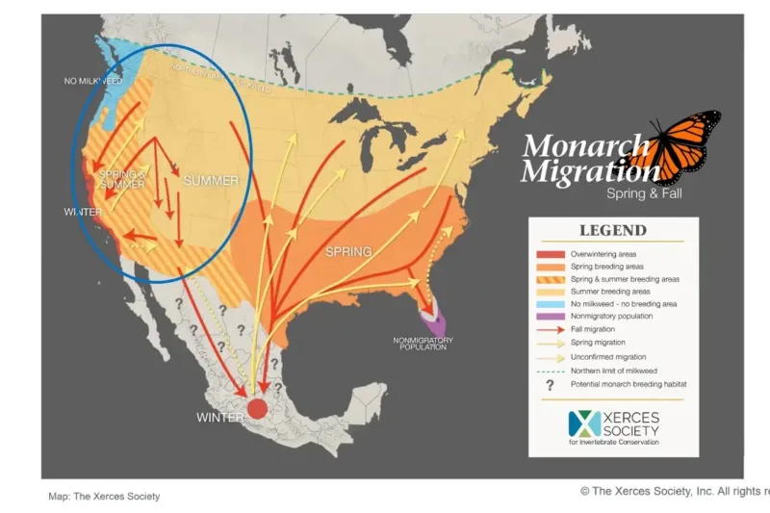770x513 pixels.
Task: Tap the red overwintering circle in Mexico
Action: click(x=256, y=408)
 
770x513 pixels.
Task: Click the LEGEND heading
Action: click(x=612, y=231)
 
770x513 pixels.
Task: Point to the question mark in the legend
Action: click(x=550, y=383)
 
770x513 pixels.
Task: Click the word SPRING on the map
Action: click(x=347, y=252)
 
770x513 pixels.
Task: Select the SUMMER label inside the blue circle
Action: click(x=210, y=181)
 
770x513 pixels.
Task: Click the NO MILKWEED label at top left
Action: click(x=90, y=82)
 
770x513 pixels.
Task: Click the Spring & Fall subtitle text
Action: click(x=640, y=193)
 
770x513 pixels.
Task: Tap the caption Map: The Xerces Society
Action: click(x=104, y=497)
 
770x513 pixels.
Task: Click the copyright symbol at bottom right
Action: click(x=584, y=491)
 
